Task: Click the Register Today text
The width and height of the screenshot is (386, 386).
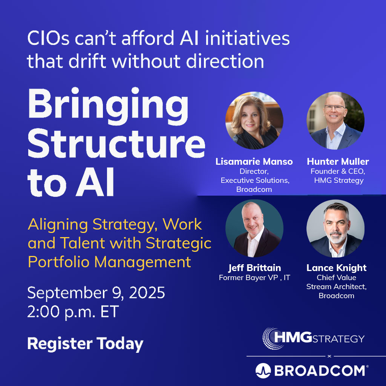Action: [x=85, y=344]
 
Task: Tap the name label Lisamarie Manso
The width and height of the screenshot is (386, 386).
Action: [x=254, y=162]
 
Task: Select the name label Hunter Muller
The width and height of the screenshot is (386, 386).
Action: [x=338, y=162]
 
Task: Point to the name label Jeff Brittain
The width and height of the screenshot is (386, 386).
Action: [x=254, y=268]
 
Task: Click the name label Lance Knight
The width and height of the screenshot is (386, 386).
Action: [x=336, y=268]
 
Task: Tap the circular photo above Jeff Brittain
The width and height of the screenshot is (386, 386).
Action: [x=254, y=228]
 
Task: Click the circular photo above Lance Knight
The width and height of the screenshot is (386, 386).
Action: [x=335, y=228]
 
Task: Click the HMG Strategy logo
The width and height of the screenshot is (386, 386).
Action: [x=314, y=337]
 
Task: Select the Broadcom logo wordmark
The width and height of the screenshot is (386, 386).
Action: [x=311, y=371]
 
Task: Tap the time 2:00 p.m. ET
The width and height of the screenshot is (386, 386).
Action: [x=73, y=312]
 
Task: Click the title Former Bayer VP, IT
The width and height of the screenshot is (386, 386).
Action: [x=254, y=278]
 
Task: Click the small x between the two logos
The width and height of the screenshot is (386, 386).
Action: [x=329, y=356]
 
